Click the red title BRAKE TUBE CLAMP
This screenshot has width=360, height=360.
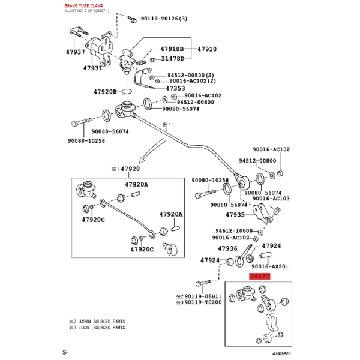point(84,6)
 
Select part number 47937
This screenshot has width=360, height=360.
point(76,52)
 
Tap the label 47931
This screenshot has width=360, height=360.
point(92,68)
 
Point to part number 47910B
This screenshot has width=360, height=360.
point(172,49)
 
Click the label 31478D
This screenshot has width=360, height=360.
point(173,59)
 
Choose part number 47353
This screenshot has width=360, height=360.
point(175,88)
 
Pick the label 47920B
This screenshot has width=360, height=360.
point(105,92)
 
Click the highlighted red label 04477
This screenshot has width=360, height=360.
point(260,276)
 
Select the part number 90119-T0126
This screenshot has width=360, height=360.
point(160,19)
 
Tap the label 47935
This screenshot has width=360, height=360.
point(235,215)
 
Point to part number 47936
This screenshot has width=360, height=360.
point(227,248)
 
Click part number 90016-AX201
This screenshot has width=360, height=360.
point(270,266)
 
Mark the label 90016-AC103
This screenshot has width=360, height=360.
point(271,199)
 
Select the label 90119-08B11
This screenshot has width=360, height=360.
point(203,296)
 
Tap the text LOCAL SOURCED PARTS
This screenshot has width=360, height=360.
point(102,328)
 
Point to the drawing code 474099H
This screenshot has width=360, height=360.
point(281,353)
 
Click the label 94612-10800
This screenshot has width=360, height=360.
point(234,230)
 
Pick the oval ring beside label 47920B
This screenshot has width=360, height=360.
point(127,92)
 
